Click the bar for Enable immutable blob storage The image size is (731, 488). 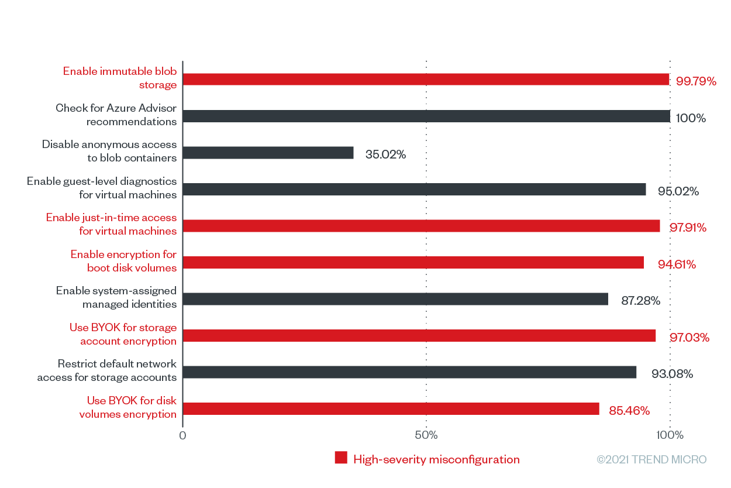[426, 80]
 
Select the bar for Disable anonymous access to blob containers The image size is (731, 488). [268, 153]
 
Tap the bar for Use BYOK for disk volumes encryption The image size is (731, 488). [391, 409]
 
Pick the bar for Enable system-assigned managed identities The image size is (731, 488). [395, 300]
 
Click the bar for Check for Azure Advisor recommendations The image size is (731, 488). [426, 116]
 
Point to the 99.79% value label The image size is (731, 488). [696, 81]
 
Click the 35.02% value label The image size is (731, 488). [385, 155]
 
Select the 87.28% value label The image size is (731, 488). [640, 301]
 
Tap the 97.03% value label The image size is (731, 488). [689, 338]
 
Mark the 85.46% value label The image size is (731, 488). [629, 411]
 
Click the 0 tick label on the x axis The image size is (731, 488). [182, 435]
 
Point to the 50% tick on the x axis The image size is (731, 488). [426, 435]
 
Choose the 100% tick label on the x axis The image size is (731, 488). [670, 435]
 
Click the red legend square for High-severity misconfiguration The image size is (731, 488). [341, 458]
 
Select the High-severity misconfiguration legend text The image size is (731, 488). [436, 459]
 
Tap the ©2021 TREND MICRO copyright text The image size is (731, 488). [651, 459]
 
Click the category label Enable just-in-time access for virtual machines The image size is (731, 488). [112, 224]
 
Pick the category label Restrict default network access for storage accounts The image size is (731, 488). [107, 370]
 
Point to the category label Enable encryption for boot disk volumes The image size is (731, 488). [123, 261]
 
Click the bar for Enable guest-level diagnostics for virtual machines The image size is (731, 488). [415, 190]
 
